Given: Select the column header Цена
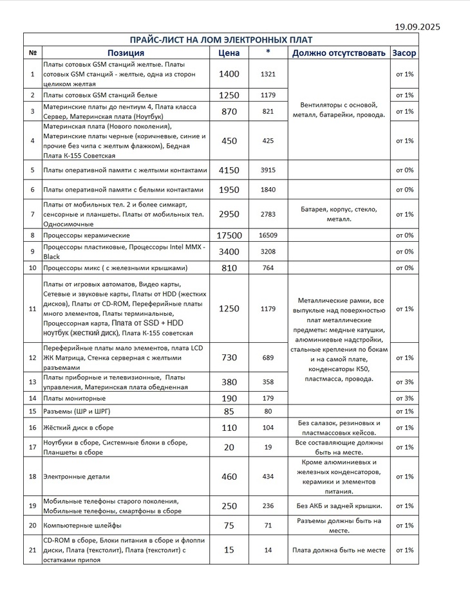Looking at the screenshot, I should point(229,53).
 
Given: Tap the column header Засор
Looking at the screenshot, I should point(404,53).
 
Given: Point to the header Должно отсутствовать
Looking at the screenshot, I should point(339,53).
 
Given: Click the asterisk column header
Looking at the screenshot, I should point(268,51).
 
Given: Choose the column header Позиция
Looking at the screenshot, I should point(126,53).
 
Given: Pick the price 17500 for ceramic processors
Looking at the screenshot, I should point(229,235).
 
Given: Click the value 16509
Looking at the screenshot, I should point(268,236).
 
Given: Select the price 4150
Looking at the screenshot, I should point(229,170).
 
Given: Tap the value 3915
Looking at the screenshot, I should point(268,170).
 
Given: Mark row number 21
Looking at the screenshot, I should point(32,550).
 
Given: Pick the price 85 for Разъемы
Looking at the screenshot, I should point(229,410).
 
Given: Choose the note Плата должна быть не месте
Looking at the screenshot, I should point(339,550).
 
